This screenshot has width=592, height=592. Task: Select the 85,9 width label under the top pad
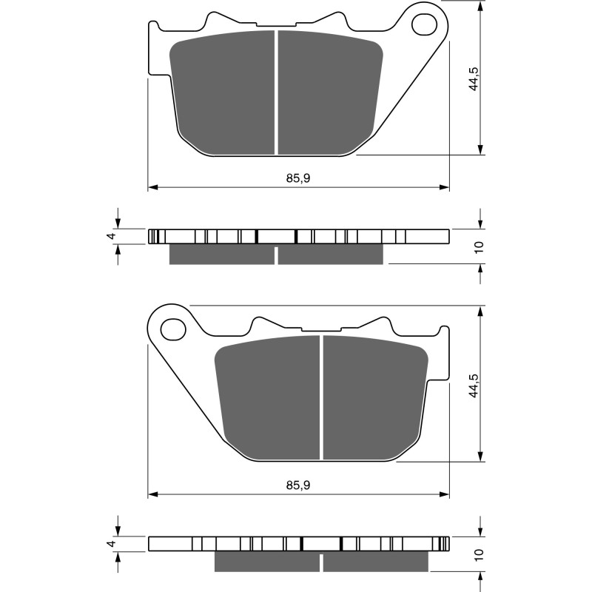click(297, 178)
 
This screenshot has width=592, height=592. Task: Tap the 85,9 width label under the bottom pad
click(297, 485)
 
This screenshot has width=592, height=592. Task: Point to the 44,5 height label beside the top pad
click(474, 78)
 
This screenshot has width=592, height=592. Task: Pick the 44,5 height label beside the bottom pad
click(474, 385)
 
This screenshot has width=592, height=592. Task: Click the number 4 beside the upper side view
click(110, 236)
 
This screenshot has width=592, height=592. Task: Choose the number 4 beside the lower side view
click(110, 544)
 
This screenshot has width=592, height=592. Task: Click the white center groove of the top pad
click(277, 92)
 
